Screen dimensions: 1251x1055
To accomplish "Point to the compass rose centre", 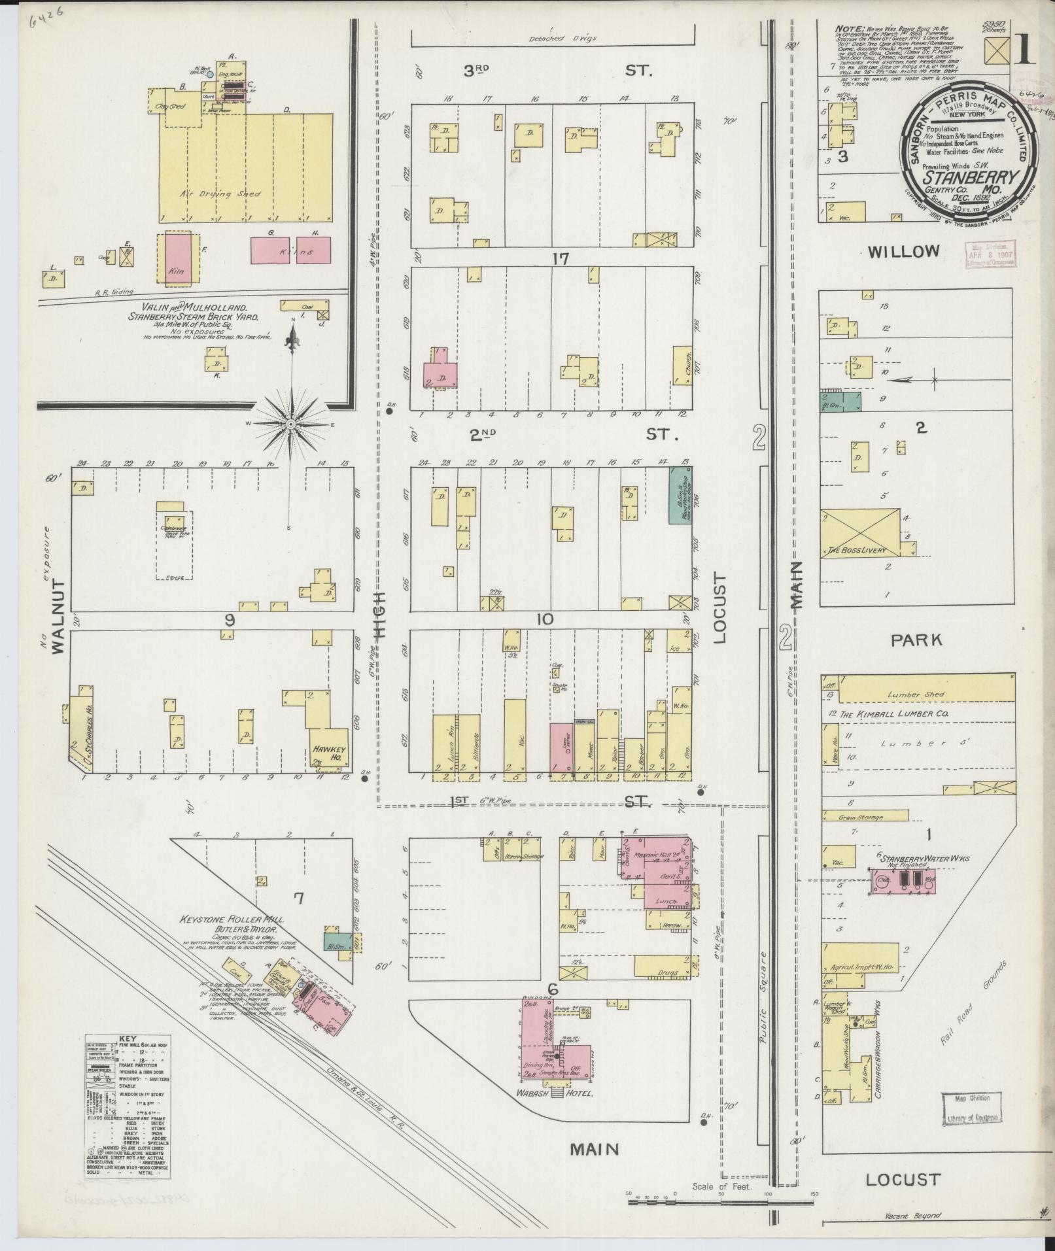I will click(289, 424).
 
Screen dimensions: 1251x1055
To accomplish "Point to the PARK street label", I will click(917, 640).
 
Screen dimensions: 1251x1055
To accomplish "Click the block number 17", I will click(560, 259).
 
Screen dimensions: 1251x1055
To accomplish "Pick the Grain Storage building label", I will click(861, 817).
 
